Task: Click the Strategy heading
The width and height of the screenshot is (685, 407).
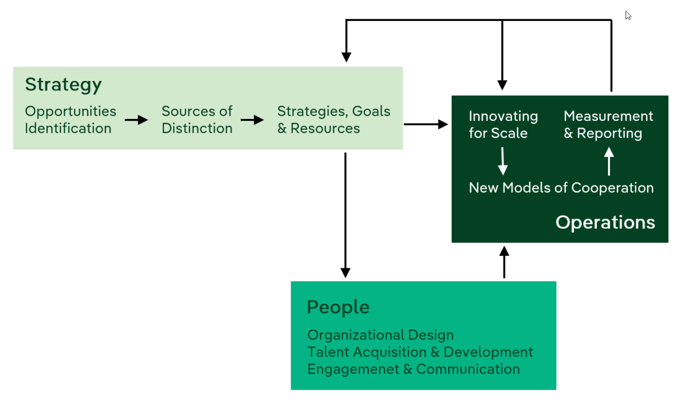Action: pyautogui.click(x=63, y=85)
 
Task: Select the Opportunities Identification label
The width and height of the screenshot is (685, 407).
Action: pyautogui.click(x=70, y=120)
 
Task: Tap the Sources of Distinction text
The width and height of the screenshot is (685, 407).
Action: pyautogui.click(x=197, y=120)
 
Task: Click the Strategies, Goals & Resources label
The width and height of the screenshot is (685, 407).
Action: pyautogui.click(x=333, y=120)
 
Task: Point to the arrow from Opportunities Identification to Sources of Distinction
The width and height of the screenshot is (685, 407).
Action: pyautogui.click(x=136, y=120)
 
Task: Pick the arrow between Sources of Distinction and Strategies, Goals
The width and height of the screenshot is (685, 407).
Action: pyautogui.click(x=252, y=120)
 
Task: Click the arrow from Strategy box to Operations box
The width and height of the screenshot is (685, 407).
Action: pyautogui.click(x=426, y=124)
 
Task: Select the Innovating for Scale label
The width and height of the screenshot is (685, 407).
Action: pyautogui.click(x=503, y=125)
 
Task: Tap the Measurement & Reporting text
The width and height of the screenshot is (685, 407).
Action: pyautogui.click(x=608, y=125)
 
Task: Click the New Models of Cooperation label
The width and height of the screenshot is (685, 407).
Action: pyautogui.click(x=561, y=188)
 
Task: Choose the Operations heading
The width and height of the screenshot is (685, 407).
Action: pyautogui.click(x=605, y=222)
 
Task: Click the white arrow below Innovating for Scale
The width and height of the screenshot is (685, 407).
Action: pyautogui.click(x=503, y=161)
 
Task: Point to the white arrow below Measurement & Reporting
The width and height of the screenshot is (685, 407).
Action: pyautogui.click(x=608, y=161)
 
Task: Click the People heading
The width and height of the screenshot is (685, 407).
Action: pyautogui.click(x=338, y=307)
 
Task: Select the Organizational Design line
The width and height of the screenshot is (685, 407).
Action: pyautogui.click(x=380, y=335)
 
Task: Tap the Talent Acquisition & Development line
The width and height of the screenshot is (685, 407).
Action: pyautogui.click(x=420, y=352)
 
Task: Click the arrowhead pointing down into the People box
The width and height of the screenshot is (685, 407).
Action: pyautogui.click(x=345, y=272)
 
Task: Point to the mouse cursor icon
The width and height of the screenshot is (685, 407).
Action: pyautogui.click(x=628, y=16)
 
